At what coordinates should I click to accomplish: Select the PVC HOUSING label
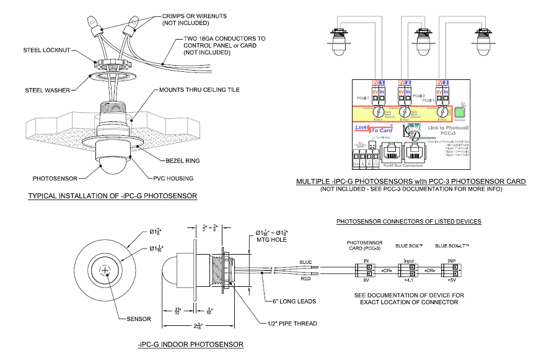pos(172,178)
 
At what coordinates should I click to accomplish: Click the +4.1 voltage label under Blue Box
pos(408,280)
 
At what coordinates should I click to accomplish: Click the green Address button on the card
pos(460,113)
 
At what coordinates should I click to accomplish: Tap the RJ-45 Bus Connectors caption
pos(402,165)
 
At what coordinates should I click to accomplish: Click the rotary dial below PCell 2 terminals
pos(405,112)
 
